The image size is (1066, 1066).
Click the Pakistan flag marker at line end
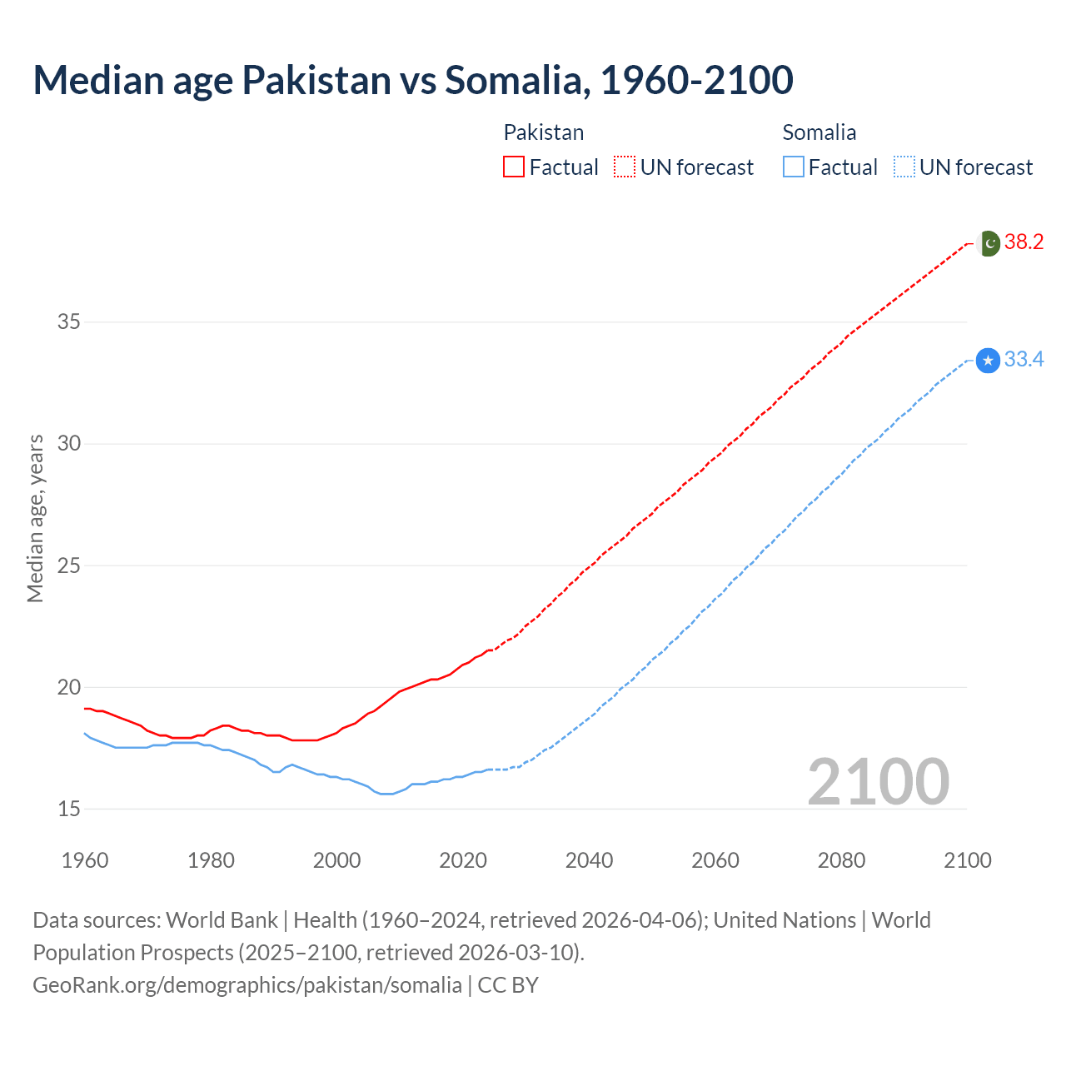pyautogui.click(x=988, y=243)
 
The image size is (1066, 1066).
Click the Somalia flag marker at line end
pyautogui.click(x=988, y=361)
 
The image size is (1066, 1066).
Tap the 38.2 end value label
pyautogui.click(x=1024, y=242)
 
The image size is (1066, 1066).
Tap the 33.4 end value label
pyautogui.click(x=1024, y=360)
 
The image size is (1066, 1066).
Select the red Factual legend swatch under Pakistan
pyautogui.click(x=514, y=167)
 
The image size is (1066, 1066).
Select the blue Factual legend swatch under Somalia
pyautogui.click(x=793, y=167)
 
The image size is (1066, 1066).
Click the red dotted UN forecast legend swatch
pyautogui.click(x=625, y=167)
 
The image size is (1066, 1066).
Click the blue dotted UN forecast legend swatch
pyautogui.click(x=904, y=167)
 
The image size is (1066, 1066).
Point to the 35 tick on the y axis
pyautogui.click(x=69, y=321)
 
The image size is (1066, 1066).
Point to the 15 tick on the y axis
pyautogui.click(x=69, y=809)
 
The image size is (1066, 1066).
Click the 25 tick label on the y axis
pyautogui.click(x=69, y=565)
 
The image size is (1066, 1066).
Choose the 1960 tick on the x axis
pyautogui.click(x=85, y=860)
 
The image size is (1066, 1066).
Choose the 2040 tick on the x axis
pyautogui.click(x=589, y=860)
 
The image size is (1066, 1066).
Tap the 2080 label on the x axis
pyautogui.click(x=841, y=860)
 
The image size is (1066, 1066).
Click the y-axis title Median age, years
pyautogui.click(x=35, y=518)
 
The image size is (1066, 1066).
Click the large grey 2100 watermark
pyautogui.click(x=878, y=781)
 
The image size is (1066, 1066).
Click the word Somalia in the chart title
pyautogui.click(x=517, y=80)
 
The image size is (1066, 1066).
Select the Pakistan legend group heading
pyautogui.click(x=544, y=132)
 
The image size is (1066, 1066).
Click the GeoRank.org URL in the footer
pyautogui.click(x=247, y=985)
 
